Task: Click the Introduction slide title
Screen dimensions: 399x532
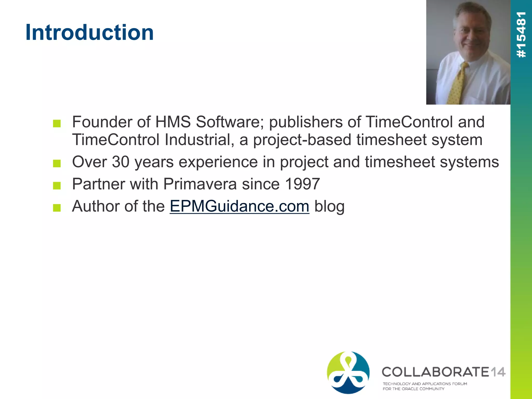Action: coord(90,32)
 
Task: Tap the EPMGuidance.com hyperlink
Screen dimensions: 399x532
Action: coord(239,206)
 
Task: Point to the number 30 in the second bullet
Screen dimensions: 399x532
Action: coord(121,162)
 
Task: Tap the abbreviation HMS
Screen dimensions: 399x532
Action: coord(173,122)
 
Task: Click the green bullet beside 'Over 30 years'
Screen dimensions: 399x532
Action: coord(57,163)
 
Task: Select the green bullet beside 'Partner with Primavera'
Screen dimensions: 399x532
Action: coord(57,185)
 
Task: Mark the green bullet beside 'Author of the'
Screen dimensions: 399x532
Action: coord(57,208)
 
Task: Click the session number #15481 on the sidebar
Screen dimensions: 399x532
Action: coord(521,35)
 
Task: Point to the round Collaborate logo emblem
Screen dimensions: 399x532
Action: coord(348,372)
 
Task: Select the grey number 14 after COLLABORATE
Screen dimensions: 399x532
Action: coord(498,372)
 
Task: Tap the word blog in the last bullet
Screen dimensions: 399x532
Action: coord(329,206)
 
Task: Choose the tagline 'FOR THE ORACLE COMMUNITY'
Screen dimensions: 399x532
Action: coord(413,389)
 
